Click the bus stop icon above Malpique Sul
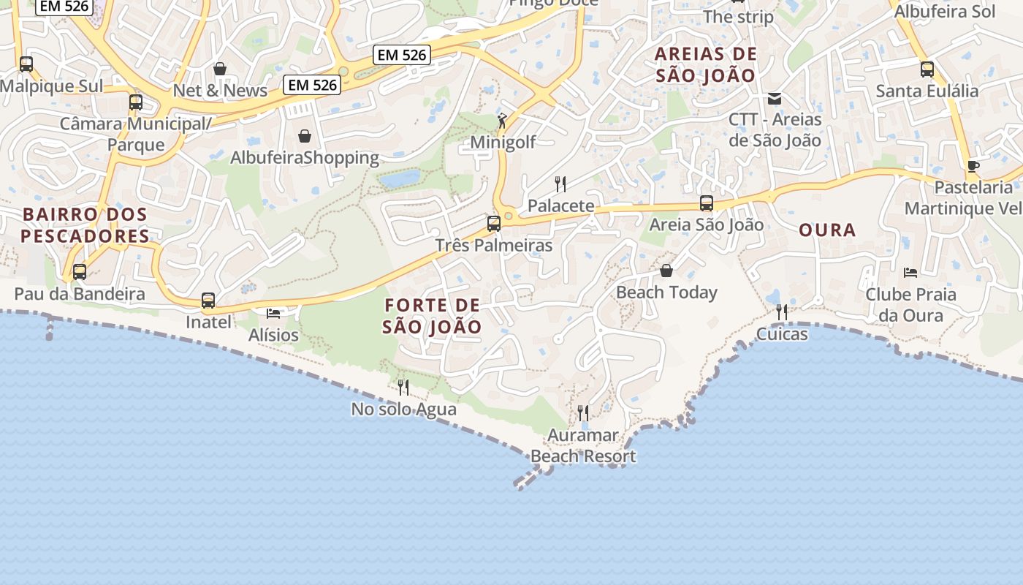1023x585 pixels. (26, 64)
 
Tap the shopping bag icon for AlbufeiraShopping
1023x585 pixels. (305, 136)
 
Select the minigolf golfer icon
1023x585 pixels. (502, 121)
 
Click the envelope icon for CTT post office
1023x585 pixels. (775, 99)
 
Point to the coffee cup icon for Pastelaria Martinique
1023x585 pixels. (973, 166)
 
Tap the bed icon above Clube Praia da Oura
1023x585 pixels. (910, 273)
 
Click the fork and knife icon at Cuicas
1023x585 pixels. (782, 312)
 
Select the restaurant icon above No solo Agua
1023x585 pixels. (403, 387)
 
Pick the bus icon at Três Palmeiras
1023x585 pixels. (494, 223)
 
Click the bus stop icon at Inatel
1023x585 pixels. (208, 301)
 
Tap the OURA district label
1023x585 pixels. (827, 230)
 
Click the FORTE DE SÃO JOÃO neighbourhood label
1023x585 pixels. (432, 316)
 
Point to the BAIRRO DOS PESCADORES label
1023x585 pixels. (85, 225)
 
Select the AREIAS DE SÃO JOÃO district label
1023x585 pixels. (706, 64)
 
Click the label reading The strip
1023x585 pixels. (738, 17)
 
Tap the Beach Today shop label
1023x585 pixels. (666, 292)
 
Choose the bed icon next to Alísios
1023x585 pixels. (273, 314)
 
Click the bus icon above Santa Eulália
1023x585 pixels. (927, 69)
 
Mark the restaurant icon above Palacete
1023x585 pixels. (560, 184)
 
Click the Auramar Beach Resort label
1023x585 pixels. (583, 446)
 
